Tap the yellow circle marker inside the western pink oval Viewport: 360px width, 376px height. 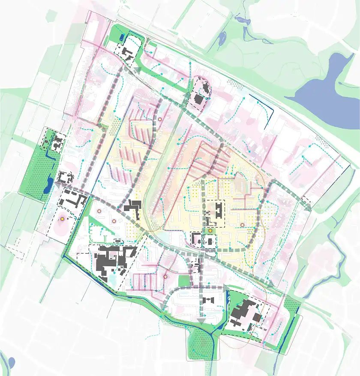tap(62, 219)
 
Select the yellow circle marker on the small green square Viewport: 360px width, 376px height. tap(210, 231)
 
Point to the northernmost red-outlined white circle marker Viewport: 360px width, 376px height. tap(159, 119)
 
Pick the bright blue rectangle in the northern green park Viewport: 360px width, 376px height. tap(122, 38)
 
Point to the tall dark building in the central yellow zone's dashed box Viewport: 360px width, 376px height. tap(219, 211)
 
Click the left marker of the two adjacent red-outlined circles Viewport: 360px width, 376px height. tap(99, 211)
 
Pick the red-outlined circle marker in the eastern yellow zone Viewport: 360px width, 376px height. tap(242, 225)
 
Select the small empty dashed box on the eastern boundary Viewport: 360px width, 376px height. tap(306, 200)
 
